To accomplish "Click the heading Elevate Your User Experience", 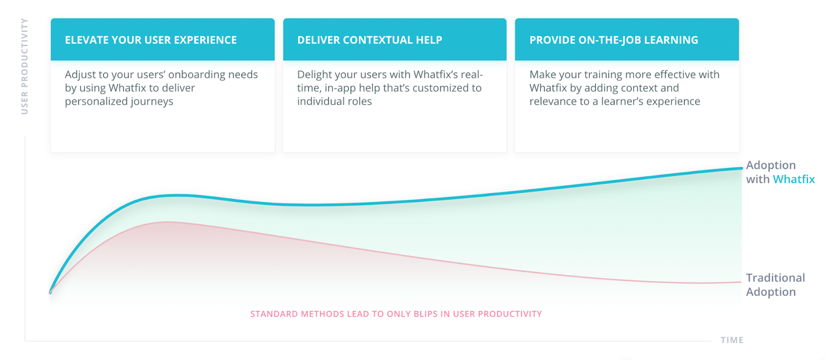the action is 151,40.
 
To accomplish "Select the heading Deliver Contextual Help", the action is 369,40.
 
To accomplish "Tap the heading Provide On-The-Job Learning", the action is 614,40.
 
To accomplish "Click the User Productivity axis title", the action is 24,67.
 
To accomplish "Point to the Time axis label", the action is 732,340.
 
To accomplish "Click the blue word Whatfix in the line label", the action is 794,179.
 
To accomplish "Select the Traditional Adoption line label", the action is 775,285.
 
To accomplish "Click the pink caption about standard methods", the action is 396,314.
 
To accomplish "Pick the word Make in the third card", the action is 542,74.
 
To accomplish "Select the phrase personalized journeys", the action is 119,102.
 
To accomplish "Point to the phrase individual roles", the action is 335,101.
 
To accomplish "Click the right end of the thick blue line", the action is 741,168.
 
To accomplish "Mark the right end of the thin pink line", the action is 741,282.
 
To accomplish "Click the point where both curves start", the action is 50,293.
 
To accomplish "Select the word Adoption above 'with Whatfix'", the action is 771,166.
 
